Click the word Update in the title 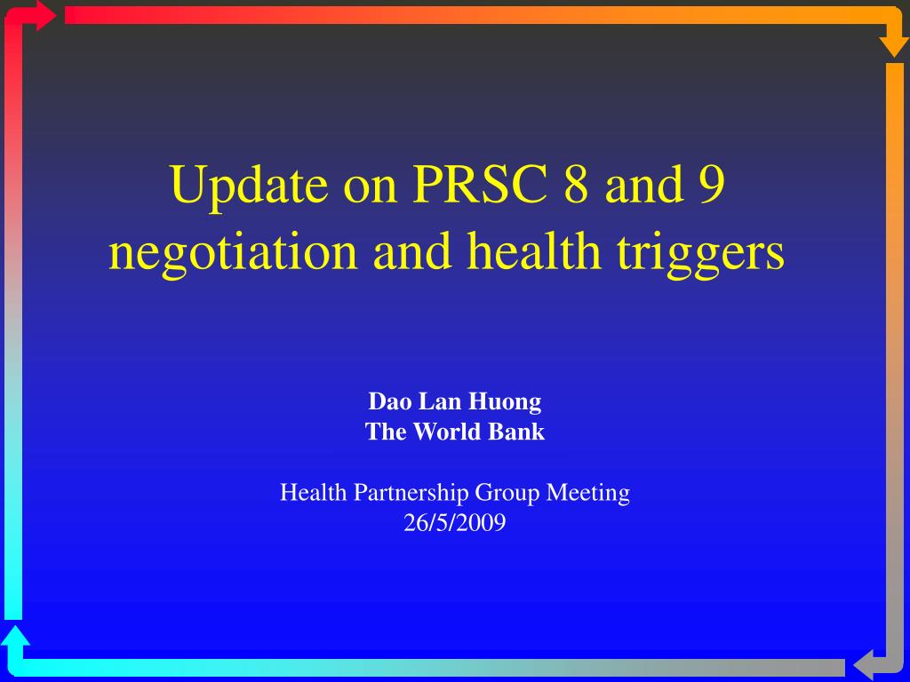click(248, 186)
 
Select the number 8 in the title click(576, 184)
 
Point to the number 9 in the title click(712, 184)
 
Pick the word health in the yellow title click(534, 250)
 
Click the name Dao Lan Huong click(455, 402)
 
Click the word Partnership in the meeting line click(411, 492)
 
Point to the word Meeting click(588, 493)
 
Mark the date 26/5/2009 click(454, 522)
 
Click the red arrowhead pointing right click(46, 15)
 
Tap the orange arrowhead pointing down click(894, 46)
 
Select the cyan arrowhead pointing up click(15, 636)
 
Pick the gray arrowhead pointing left click(863, 667)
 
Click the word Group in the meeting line click(507, 494)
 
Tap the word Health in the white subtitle click(314, 492)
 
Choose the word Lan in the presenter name click(439, 401)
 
